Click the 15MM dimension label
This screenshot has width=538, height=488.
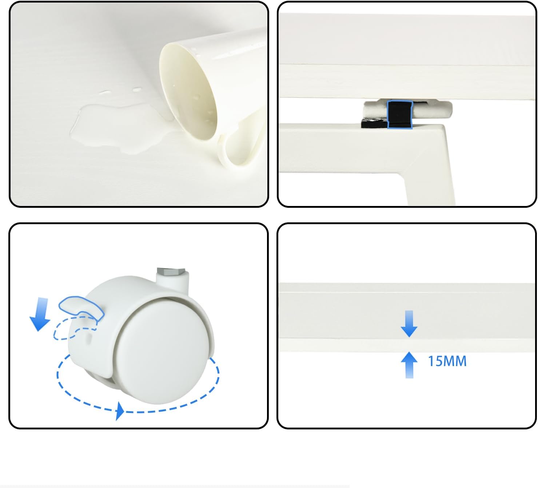(447, 361)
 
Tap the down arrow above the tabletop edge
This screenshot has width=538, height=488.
(409, 324)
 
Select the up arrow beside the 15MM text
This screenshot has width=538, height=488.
(409, 365)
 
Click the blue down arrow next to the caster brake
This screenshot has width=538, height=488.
(40, 314)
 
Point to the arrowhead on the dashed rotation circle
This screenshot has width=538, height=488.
(120, 411)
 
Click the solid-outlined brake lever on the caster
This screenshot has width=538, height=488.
(81, 308)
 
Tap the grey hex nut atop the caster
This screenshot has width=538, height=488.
(171, 271)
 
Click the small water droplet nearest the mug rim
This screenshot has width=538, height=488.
(137, 90)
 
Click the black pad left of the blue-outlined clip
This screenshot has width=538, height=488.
(374, 123)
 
